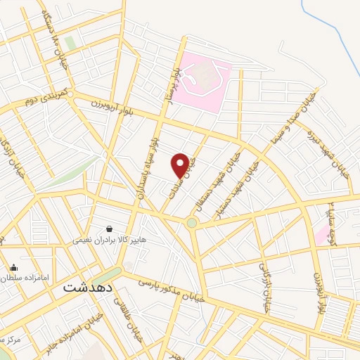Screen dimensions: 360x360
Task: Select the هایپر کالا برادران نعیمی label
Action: click(110, 240)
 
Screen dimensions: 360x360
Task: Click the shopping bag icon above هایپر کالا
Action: click(110, 229)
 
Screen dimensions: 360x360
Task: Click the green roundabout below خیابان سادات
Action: click(191, 224)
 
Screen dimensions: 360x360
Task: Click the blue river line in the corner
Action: click(330, 28)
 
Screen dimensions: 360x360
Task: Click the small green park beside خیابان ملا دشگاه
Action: click(70, 43)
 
